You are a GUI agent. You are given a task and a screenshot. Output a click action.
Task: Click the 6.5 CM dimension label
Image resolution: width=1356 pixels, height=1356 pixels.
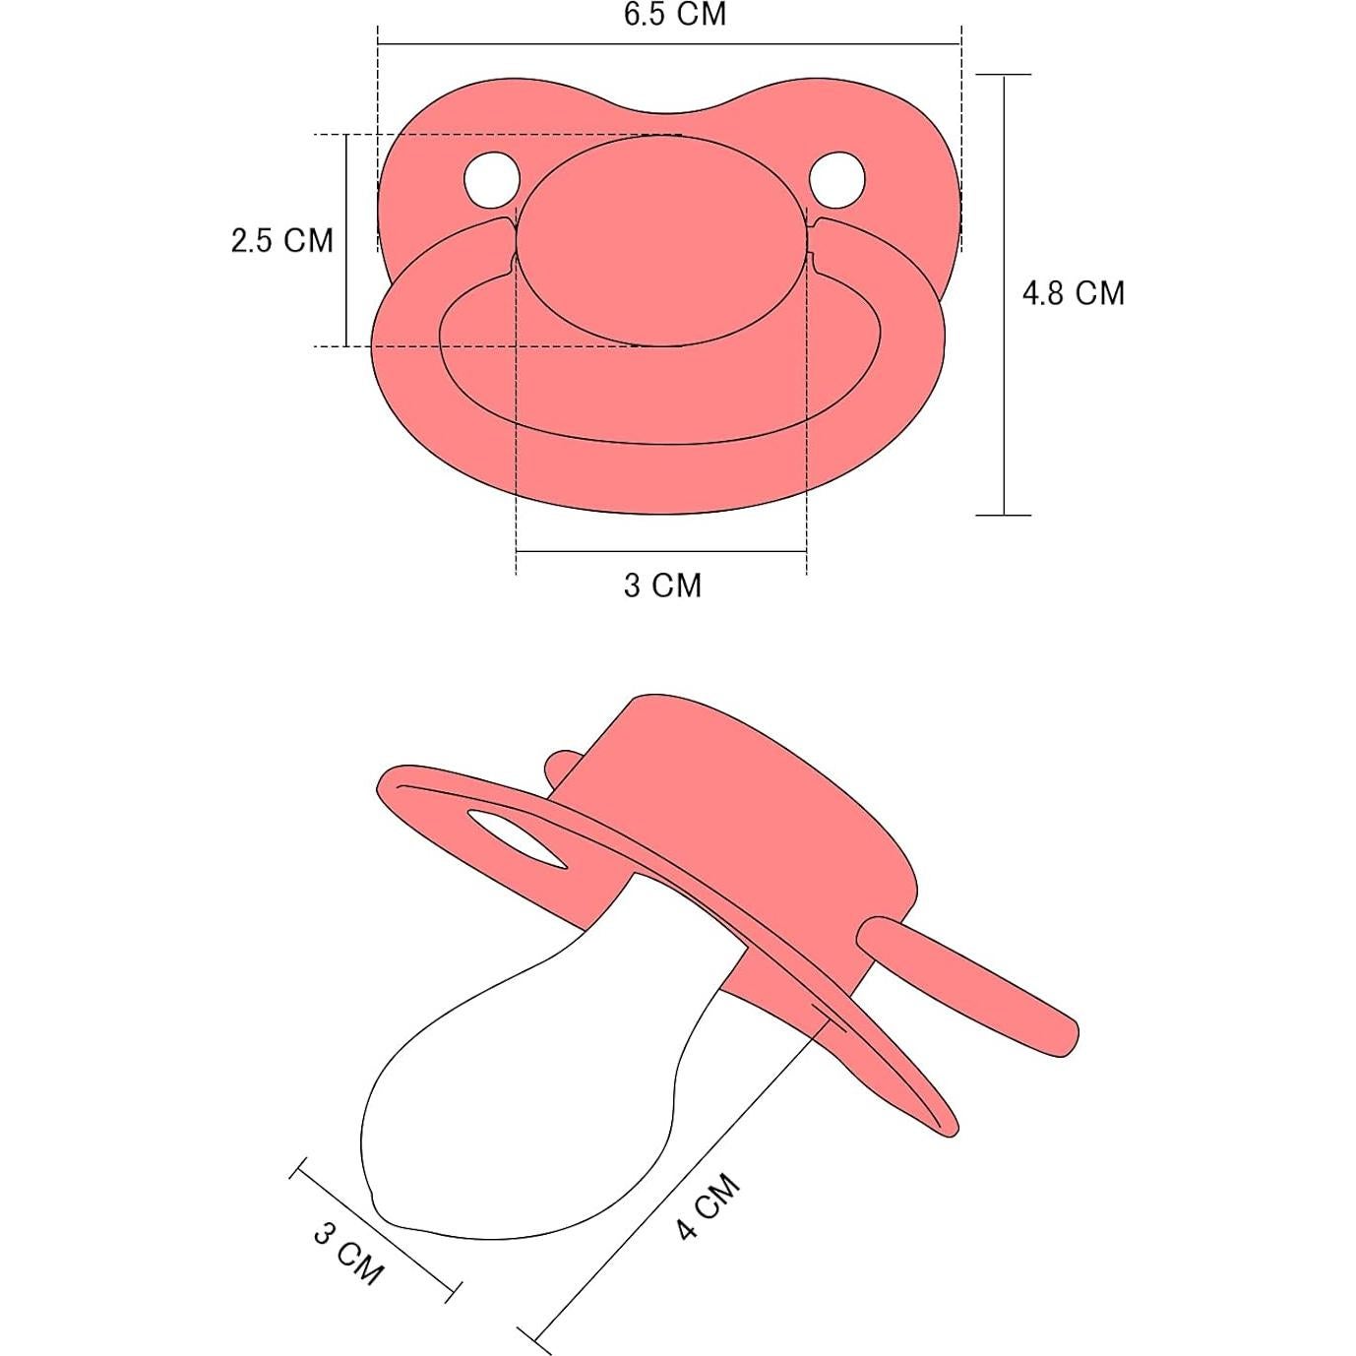click(674, 16)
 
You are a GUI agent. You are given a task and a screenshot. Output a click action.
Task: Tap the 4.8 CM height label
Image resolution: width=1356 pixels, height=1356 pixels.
click(1073, 293)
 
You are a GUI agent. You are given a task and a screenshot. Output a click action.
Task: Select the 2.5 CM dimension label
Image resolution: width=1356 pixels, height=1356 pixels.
click(281, 240)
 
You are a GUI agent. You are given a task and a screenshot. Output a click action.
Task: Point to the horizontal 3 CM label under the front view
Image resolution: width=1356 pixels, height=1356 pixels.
click(662, 586)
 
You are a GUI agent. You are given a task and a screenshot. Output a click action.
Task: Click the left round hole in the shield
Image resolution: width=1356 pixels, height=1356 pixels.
click(491, 179)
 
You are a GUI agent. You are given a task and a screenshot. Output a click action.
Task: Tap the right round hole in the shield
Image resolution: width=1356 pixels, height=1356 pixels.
click(837, 179)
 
